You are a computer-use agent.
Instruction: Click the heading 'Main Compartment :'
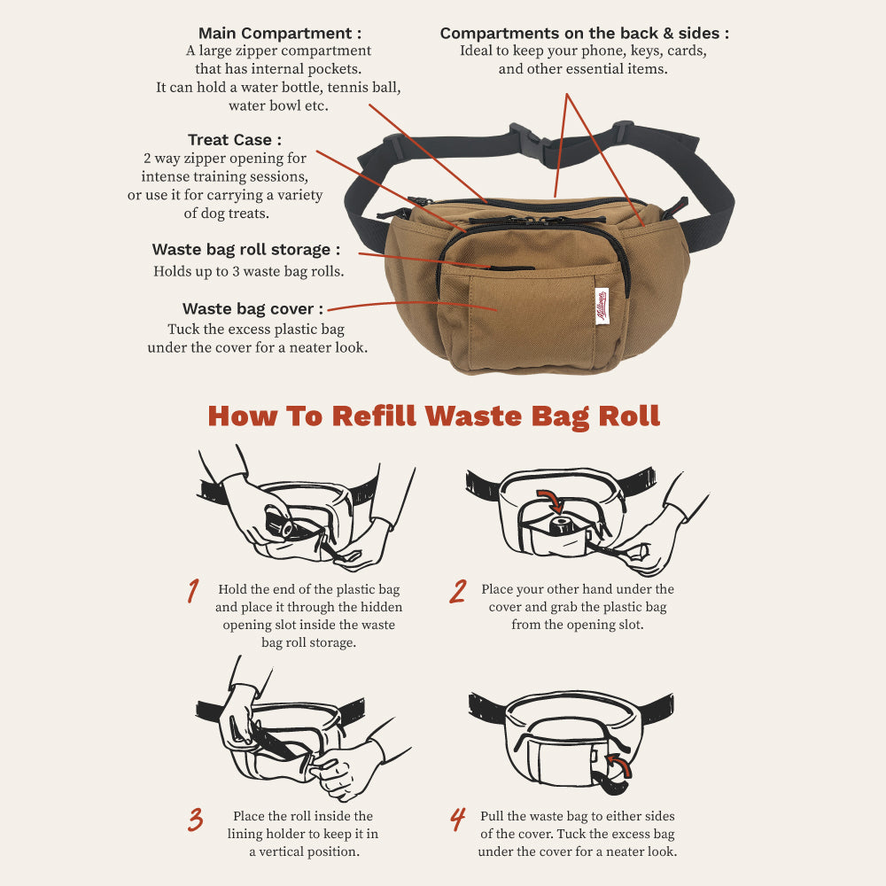pyautogui.click(x=280, y=34)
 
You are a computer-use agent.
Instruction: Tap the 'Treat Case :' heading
pyautogui.click(x=235, y=140)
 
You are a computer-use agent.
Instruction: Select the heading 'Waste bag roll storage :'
pyautogui.click(x=246, y=250)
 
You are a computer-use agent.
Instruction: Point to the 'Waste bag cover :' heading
pyautogui.click(x=253, y=308)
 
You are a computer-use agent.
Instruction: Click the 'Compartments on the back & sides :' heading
pyautogui.click(x=584, y=34)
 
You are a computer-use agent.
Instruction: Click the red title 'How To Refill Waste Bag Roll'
pyautogui.click(x=433, y=416)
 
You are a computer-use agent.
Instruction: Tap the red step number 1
pyautogui.click(x=193, y=590)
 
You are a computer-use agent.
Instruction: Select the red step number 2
pyautogui.click(x=458, y=591)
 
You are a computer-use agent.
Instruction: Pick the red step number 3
pyautogui.click(x=196, y=820)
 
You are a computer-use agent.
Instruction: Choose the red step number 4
pyautogui.click(x=458, y=820)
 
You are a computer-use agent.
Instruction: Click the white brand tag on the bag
pyautogui.click(x=602, y=307)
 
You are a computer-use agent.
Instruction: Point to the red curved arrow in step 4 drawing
pyautogui.click(x=621, y=765)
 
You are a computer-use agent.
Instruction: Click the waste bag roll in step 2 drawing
pyautogui.click(x=563, y=526)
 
